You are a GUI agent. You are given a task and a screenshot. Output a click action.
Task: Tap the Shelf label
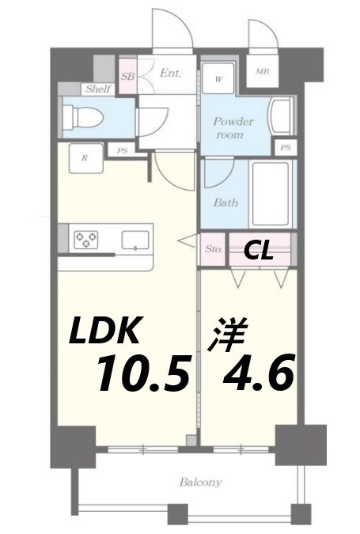[x=98, y=89]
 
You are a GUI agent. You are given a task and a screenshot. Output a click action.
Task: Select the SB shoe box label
[x=127, y=77]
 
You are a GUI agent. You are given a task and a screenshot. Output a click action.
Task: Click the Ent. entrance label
[x=169, y=73]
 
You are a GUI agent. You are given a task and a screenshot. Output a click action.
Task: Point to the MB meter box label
[x=262, y=73]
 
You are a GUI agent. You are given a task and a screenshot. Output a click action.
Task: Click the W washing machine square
[x=218, y=78]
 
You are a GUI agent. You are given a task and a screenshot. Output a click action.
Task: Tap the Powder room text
[x=233, y=128]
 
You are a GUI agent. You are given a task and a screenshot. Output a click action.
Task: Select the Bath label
[x=225, y=203]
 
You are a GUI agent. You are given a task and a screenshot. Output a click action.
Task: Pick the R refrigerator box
[x=85, y=157]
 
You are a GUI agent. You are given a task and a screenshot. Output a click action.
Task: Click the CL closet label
[x=258, y=251]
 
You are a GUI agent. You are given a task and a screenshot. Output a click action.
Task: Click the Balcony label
[x=199, y=482]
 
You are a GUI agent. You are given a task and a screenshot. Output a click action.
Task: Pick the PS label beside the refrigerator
[x=122, y=150]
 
